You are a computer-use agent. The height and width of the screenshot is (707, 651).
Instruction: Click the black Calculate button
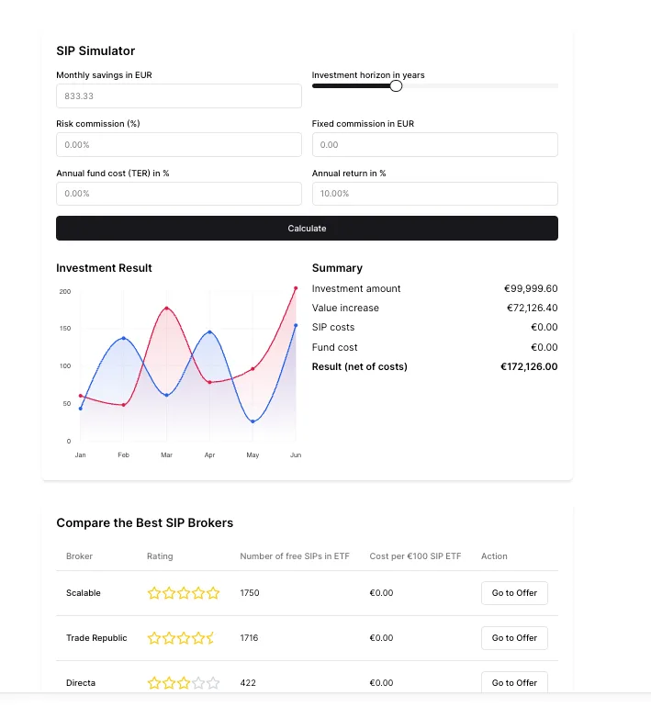click(307, 228)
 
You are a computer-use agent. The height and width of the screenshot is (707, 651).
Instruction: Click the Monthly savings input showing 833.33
click(179, 96)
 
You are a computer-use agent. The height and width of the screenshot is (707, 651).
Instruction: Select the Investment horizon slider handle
click(396, 85)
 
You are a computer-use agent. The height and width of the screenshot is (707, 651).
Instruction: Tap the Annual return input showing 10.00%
click(435, 194)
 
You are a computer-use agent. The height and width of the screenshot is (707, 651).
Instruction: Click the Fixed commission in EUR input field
click(435, 145)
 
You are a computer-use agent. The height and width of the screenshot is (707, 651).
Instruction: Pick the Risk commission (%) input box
click(179, 145)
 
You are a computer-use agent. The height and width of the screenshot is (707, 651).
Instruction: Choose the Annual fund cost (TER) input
click(179, 194)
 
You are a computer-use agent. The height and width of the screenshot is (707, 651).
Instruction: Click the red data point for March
click(167, 309)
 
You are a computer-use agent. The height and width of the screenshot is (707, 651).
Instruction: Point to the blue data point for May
click(253, 421)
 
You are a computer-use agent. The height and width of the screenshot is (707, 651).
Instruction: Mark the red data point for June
click(296, 288)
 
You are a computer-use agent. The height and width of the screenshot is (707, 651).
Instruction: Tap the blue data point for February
click(124, 338)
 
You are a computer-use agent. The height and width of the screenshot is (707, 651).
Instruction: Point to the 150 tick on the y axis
click(65, 329)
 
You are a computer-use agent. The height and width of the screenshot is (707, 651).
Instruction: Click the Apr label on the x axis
click(209, 454)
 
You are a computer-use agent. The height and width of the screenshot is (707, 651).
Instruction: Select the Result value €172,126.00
click(529, 366)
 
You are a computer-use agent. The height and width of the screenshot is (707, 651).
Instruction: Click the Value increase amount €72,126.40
click(532, 308)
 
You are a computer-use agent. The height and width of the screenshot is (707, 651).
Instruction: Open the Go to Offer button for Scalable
click(514, 593)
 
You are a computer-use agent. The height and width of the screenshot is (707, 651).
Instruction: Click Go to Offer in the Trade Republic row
click(514, 638)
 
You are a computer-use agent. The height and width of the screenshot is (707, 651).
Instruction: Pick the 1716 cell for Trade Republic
click(250, 638)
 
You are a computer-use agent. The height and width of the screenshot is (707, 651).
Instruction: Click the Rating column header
click(160, 555)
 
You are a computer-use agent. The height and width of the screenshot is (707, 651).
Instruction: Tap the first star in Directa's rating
click(154, 683)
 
